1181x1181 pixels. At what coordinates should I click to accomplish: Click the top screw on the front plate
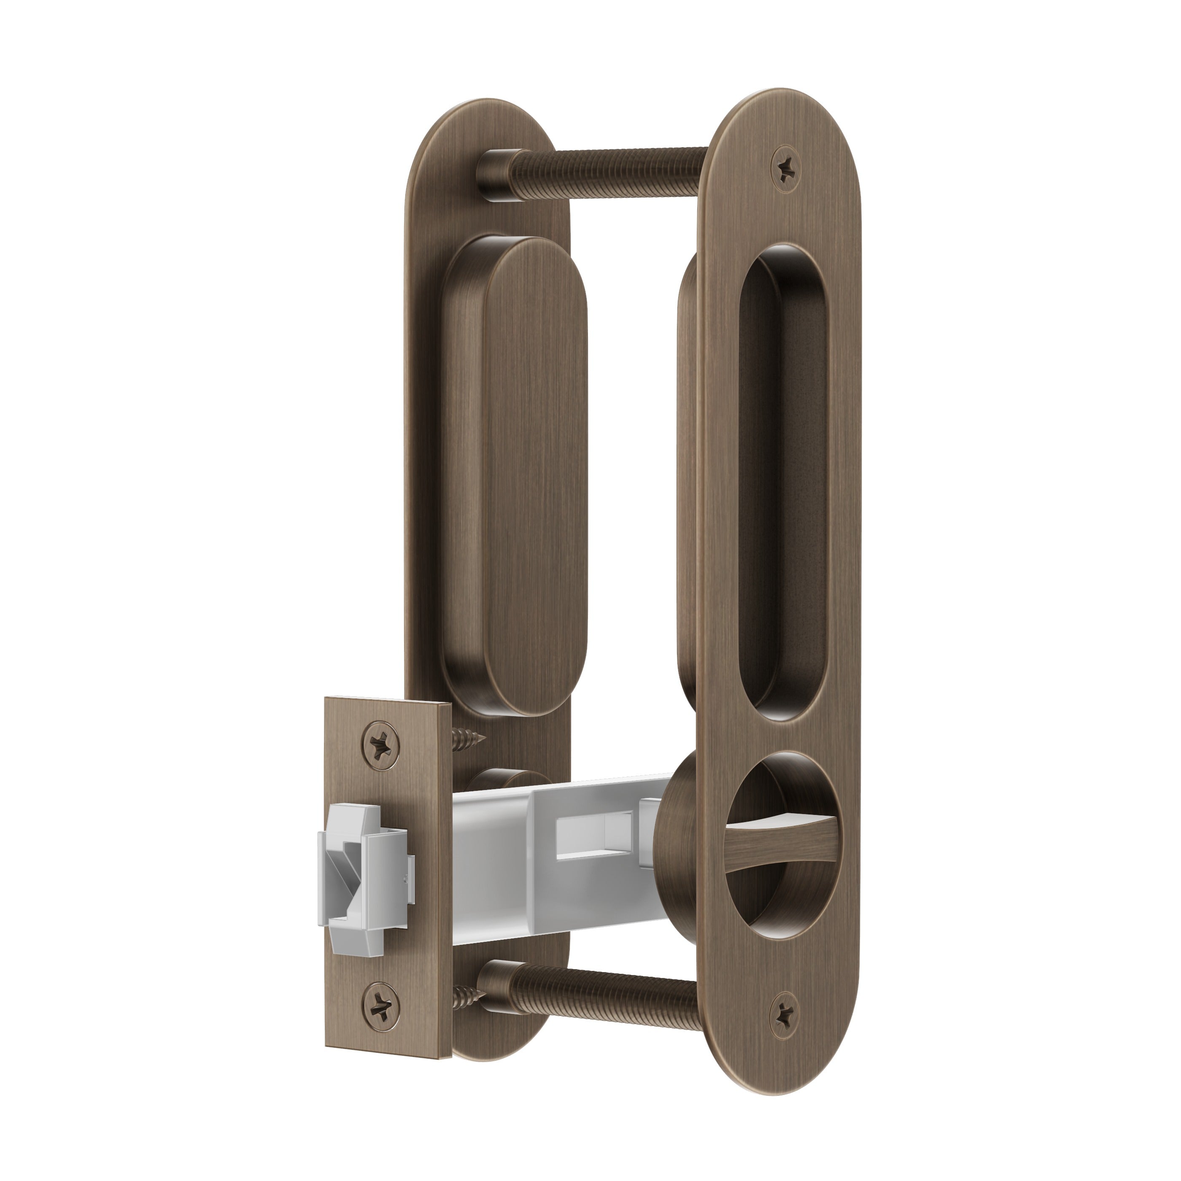787,164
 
